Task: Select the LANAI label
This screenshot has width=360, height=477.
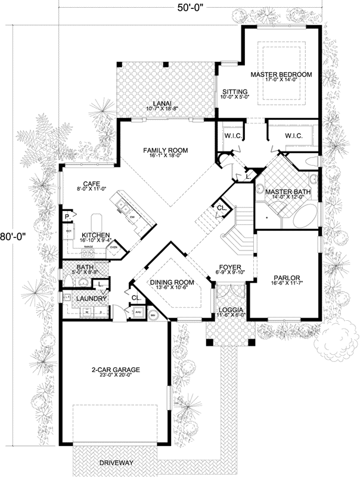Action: [158, 103]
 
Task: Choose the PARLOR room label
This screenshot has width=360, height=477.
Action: [285, 278]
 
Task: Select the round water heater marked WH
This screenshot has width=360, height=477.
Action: [153, 316]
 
